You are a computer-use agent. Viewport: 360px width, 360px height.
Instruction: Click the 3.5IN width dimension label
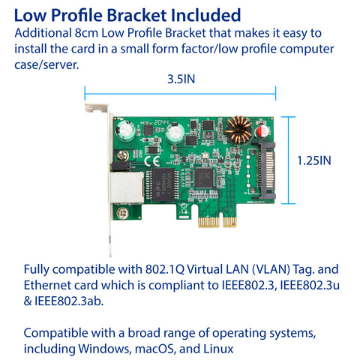tap(181, 79)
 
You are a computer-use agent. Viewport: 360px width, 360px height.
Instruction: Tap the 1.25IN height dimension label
tap(314, 160)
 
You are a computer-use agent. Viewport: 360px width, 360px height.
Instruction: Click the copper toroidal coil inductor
tap(238, 130)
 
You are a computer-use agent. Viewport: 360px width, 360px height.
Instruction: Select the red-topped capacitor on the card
tap(262, 131)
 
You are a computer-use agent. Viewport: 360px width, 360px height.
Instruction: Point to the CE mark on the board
tap(152, 161)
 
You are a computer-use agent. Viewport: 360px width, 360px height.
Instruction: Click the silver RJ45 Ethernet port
tap(127, 187)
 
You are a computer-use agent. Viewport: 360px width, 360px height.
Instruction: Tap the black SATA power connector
tap(265, 170)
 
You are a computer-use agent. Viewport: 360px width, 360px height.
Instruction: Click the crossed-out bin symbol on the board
tap(184, 208)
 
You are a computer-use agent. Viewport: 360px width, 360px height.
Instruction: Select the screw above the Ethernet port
tap(123, 156)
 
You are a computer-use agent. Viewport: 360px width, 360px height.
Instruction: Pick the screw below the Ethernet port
tap(123, 213)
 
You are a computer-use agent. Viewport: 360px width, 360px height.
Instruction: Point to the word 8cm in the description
tap(86, 33)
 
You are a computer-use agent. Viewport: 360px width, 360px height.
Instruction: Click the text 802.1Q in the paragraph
tap(165, 269)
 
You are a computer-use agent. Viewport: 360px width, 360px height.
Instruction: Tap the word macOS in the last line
tap(154, 349)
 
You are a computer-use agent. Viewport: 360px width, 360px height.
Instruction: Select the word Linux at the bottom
tap(218, 349)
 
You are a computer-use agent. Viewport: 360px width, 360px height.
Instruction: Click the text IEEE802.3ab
tap(69, 301)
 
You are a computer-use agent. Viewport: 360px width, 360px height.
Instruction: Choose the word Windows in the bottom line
tap(105, 349)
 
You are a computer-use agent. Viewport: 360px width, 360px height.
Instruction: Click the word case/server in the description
tap(46, 65)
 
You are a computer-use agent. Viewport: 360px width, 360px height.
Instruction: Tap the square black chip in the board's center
tap(204, 178)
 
